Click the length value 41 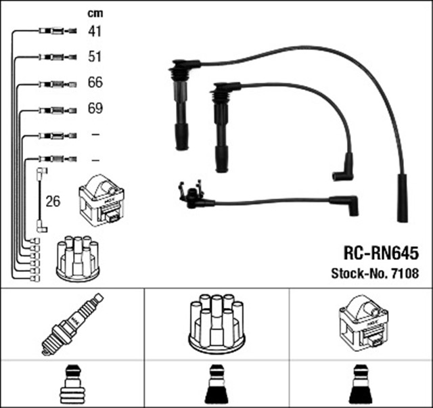pos(95,30)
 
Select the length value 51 pos(95,57)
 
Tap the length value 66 pos(95,83)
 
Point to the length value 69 pos(95,108)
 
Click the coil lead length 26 pos(53,201)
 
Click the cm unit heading pos(95,12)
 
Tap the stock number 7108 pos(403,273)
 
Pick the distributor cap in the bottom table pos(216,323)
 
